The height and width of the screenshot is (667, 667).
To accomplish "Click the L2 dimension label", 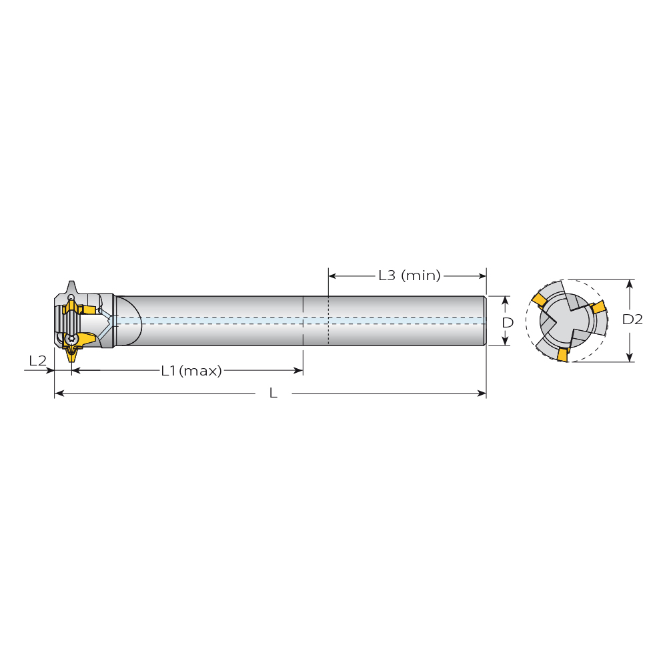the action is (37, 361).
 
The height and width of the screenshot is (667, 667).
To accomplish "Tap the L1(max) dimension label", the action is (191, 371).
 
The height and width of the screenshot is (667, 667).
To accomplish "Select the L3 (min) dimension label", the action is (410, 275).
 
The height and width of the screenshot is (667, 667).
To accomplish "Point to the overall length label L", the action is (273, 393).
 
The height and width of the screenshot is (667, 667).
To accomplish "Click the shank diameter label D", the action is (508, 322).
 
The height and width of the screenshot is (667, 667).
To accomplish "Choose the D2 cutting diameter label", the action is (632, 319).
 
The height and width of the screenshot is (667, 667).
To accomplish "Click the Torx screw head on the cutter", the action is (71, 339).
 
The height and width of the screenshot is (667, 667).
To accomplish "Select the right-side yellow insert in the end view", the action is (599, 307).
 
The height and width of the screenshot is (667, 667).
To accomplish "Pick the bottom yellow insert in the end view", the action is (563, 355).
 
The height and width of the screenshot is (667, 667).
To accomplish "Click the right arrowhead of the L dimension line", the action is (482, 393).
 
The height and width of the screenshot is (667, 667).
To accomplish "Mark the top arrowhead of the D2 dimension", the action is (630, 283).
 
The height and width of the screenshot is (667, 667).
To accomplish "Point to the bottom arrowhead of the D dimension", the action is (505, 341).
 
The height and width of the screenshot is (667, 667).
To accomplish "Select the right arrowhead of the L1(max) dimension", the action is (299, 370).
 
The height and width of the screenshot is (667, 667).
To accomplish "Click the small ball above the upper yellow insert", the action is (71, 297).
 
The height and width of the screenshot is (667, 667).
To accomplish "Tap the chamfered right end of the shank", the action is (484, 321).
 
